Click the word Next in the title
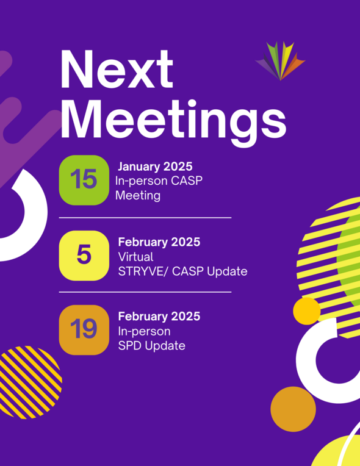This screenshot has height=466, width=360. click(x=117, y=70)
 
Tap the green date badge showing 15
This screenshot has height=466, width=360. click(x=84, y=180)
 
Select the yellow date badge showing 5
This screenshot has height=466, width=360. click(x=84, y=256)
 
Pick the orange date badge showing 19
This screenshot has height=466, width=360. click(x=84, y=330)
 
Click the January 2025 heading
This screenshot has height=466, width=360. click(x=155, y=167)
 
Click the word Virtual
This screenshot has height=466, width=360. click(x=135, y=257)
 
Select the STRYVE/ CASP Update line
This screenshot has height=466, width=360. click(x=182, y=271)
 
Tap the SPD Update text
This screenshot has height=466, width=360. click(x=151, y=346)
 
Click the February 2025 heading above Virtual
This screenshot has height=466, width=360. click(x=159, y=242)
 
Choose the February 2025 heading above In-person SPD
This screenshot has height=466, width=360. click(x=159, y=317)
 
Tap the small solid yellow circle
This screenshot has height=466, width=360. click(x=306, y=311)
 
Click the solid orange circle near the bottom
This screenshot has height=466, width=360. click(x=293, y=409)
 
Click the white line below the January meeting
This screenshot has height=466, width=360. click(x=145, y=217)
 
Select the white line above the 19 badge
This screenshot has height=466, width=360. click(x=145, y=292)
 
